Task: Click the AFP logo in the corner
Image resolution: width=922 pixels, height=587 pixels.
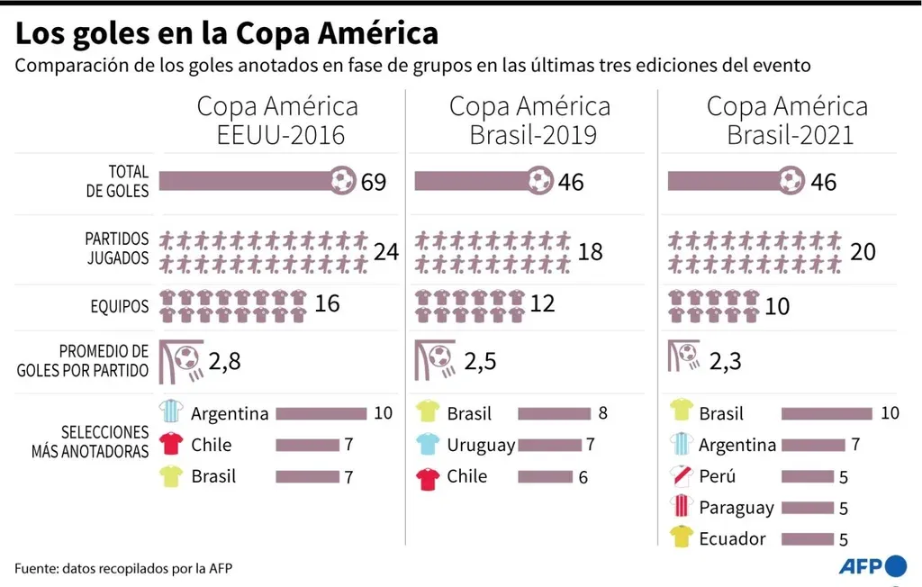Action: click(x=872, y=566)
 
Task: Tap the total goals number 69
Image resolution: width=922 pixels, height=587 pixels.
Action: click(x=373, y=182)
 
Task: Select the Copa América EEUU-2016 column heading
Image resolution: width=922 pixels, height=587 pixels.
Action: click(x=277, y=121)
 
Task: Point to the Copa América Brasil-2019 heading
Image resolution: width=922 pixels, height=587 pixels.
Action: click(x=529, y=121)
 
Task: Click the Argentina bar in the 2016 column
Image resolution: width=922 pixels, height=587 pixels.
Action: click(x=321, y=413)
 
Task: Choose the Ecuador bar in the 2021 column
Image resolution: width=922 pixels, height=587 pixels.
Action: click(x=808, y=539)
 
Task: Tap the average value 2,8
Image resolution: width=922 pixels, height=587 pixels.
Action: click(x=224, y=362)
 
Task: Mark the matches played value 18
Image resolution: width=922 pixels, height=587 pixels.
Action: click(x=590, y=251)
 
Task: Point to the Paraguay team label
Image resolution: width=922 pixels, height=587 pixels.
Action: click(x=736, y=508)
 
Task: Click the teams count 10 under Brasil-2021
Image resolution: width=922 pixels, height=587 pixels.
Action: click(x=777, y=307)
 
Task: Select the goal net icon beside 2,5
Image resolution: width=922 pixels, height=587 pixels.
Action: click(x=433, y=360)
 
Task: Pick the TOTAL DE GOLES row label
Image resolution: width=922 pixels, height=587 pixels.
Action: click(x=117, y=181)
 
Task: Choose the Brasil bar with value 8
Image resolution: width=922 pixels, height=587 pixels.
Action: click(x=552, y=413)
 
